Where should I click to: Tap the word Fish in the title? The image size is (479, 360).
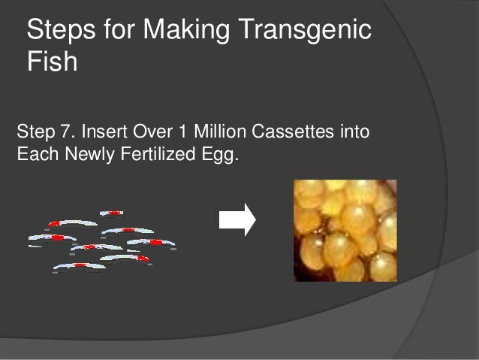click(52, 62)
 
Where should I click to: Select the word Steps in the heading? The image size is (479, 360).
click(61, 31)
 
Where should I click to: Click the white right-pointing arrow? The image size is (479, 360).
click(236, 219)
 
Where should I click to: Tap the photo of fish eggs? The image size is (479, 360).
click(345, 230)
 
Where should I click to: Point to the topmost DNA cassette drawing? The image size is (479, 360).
click(111, 213)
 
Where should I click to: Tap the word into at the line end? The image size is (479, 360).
click(351, 135)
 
